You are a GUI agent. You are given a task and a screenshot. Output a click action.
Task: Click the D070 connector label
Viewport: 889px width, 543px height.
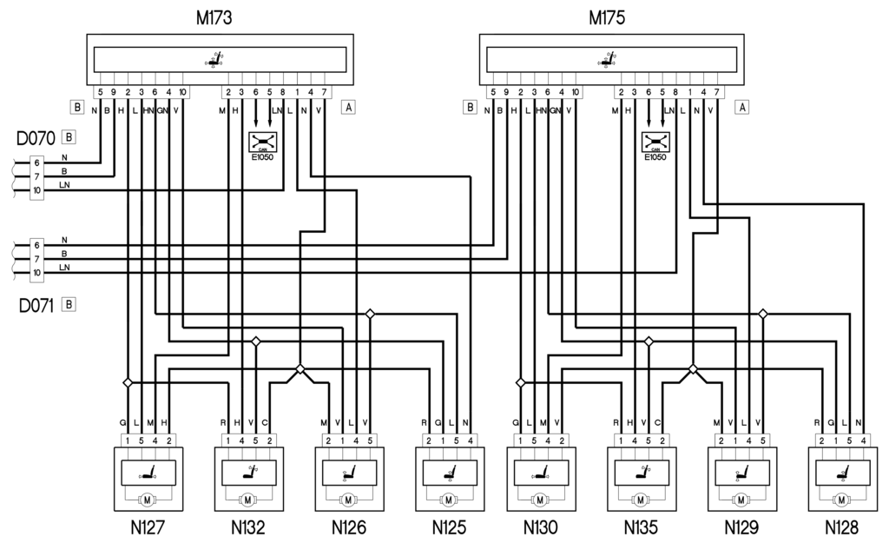[35, 137]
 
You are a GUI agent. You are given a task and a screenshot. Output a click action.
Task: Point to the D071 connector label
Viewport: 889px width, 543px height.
[35, 305]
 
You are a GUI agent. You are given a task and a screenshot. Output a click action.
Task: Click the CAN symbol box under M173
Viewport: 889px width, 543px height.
[263, 142]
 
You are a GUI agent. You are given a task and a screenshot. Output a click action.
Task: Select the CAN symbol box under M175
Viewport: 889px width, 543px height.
[655, 142]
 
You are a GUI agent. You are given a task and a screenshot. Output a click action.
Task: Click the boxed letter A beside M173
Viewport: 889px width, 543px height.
[349, 109]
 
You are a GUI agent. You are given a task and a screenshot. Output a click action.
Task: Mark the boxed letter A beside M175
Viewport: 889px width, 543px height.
[742, 109]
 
